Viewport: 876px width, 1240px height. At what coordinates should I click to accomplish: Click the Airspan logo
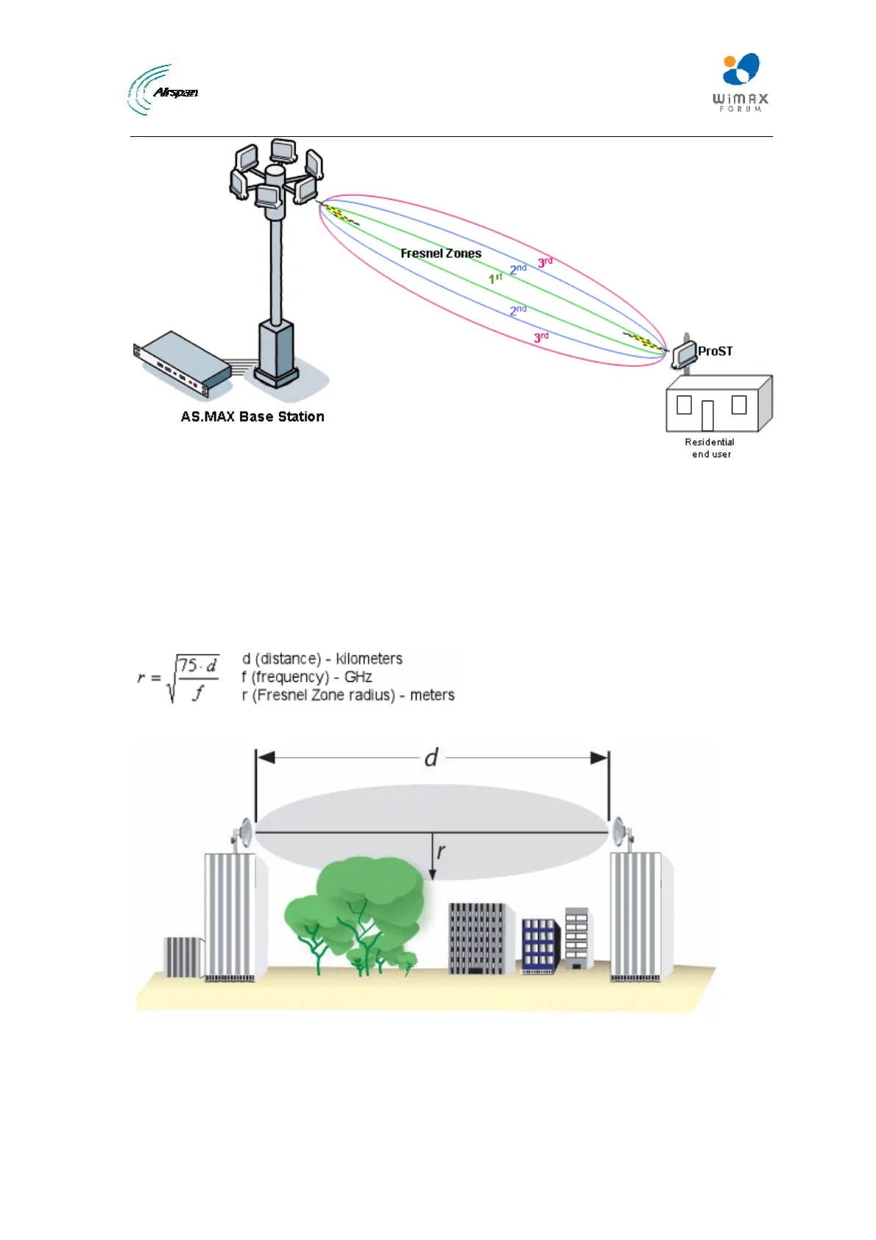coord(163,91)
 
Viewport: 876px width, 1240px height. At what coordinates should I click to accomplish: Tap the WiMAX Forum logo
coord(740,82)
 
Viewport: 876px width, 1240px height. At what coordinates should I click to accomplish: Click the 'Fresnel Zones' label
coord(440,253)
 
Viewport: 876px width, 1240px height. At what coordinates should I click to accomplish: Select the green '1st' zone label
coord(495,278)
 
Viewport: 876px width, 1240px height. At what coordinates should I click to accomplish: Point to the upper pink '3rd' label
coord(545,262)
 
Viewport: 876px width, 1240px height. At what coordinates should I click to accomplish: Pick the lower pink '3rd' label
coord(541,337)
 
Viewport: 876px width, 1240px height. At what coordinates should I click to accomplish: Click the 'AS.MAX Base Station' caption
coord(252,417)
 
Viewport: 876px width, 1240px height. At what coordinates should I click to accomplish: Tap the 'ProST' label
coord(715,351)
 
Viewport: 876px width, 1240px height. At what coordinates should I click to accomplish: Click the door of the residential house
coord(707,415)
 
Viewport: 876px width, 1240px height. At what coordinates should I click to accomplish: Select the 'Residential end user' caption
coord(710,448)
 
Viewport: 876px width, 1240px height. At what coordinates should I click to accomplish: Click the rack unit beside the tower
coord(182,360)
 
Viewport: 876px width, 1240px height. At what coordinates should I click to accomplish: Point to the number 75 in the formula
coord(188,666)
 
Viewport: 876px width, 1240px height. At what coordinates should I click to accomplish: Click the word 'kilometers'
coord(369,658)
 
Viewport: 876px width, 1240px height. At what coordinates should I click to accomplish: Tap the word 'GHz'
coord(358,677)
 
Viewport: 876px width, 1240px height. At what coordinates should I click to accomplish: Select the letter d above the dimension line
coord(431,757)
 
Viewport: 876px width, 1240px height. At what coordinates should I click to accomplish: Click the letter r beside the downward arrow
coord(441,852)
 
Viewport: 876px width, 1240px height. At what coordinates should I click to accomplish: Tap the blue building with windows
coord(540,945)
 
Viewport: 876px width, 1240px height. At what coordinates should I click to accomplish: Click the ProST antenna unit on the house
coord(685,353)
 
